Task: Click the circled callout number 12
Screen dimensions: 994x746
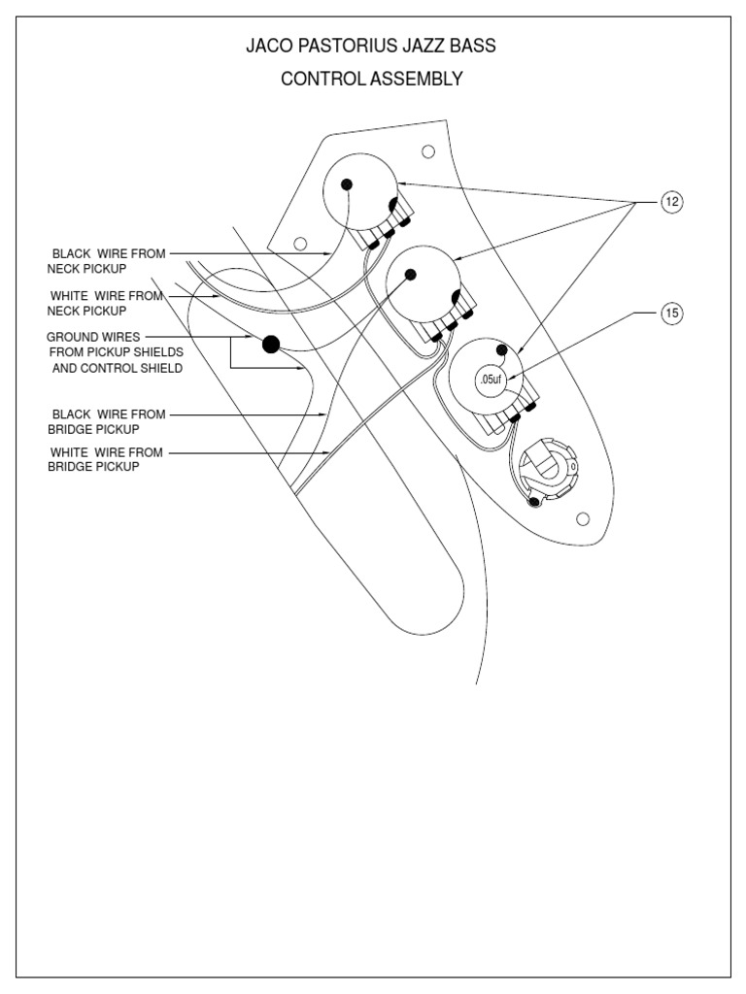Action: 672,201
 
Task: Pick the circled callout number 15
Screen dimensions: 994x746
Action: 672,313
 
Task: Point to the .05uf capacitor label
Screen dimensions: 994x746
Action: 491,380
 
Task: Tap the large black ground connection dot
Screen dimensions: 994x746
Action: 271,342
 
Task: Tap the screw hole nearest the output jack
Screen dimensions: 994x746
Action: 582,519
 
